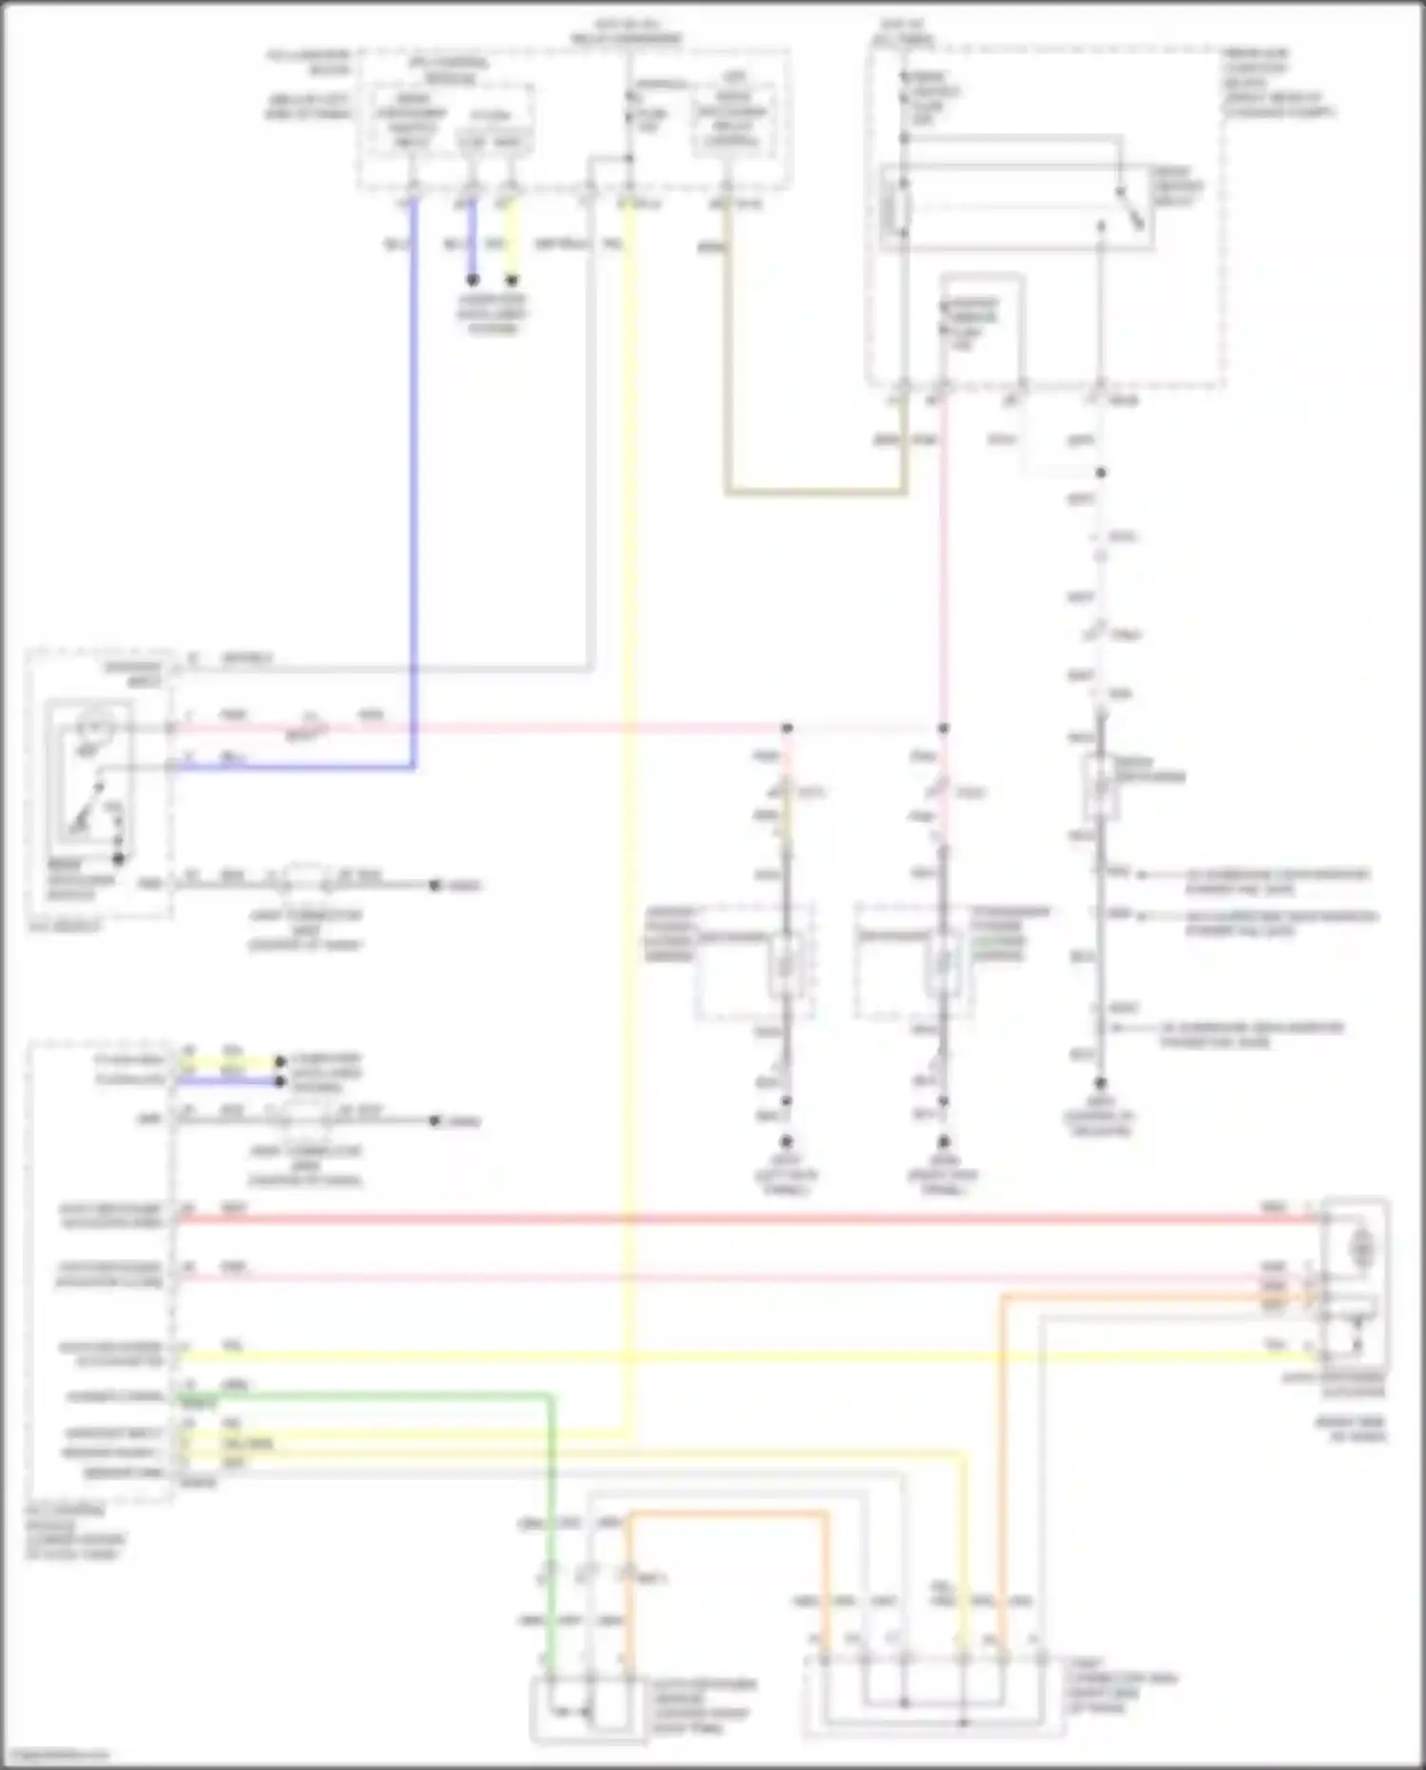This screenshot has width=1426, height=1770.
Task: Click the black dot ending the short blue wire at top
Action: pos(472,281)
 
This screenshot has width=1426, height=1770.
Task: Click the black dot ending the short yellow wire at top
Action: pos(512,281)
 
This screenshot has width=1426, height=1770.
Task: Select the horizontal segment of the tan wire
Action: pos(816,493)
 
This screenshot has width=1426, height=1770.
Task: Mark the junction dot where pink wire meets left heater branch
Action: pos(787,729)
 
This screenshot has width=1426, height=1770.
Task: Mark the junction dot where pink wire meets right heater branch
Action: pos(943,729)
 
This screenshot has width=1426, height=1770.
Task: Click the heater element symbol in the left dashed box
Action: pos(785,964)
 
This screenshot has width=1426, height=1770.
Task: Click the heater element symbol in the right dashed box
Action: pos(942,964)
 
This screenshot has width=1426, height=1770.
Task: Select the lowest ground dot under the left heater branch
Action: pos(786,1141)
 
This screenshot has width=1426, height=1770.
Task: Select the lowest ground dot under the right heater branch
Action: pos(943,1141)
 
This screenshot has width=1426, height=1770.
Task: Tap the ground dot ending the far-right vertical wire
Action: pos(1100,1083)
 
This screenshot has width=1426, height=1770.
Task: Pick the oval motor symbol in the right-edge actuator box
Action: pos(1361,1243)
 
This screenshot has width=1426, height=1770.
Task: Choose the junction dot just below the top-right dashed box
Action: pos(1100,473)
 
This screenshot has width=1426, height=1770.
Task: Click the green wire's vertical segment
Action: pos(550,1522)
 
